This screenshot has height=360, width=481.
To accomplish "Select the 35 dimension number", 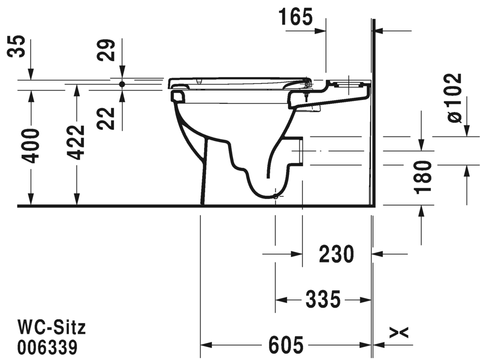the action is click(x=16, y=46).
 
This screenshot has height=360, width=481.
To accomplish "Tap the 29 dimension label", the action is click(x=106, y=50).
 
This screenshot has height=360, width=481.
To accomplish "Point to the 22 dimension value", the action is click(x=106, y=118).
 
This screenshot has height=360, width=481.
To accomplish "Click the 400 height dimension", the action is click(x=31, y=146).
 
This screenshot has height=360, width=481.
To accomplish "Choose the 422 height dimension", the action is click(x=76, y=143).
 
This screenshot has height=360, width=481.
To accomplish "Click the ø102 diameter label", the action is click(x=454, y=98).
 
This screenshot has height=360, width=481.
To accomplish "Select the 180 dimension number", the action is click(x=423, y=178).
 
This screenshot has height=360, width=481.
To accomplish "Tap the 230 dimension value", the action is click(x=337, y=254).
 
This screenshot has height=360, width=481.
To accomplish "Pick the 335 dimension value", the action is click(x=323, y=299).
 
